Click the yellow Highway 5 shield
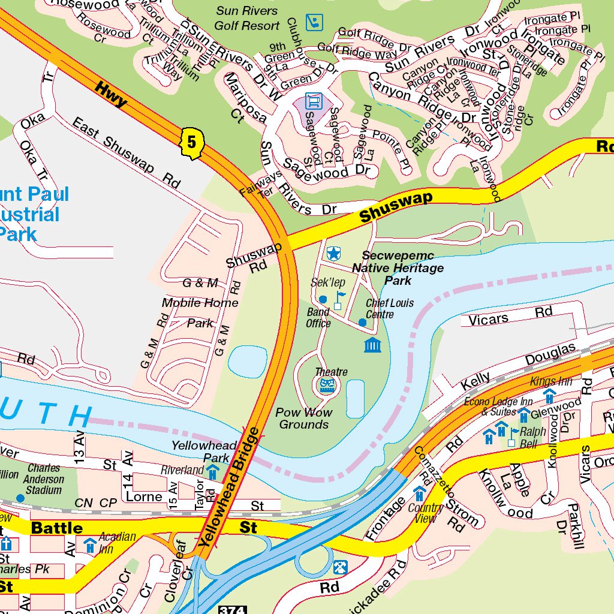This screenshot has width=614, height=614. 192,143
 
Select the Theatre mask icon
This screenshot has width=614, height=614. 327,386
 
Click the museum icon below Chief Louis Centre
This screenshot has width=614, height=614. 372,345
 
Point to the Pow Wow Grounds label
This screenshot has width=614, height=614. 304,419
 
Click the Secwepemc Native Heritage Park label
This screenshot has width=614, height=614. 398,268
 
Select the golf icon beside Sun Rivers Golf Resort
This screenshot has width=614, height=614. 313,23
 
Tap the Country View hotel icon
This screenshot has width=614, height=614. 419,493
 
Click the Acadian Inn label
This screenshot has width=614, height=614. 117,542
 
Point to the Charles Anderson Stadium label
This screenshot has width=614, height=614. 44,479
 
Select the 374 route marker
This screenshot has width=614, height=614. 233,609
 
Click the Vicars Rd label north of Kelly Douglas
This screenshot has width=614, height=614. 510,316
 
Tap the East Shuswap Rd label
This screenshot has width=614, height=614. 126,153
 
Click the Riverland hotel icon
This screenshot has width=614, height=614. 212,472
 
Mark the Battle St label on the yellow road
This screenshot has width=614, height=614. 56,528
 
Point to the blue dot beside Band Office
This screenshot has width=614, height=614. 323,299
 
